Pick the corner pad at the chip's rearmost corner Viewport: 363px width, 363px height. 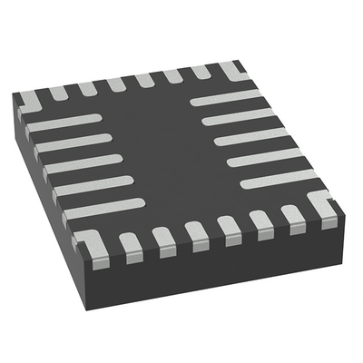click(232, 69)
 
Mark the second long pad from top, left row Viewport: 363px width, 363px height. click(74, 142)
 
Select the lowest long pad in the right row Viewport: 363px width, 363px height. click(278, 178)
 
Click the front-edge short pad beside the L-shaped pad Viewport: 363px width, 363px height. click(131, 242)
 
